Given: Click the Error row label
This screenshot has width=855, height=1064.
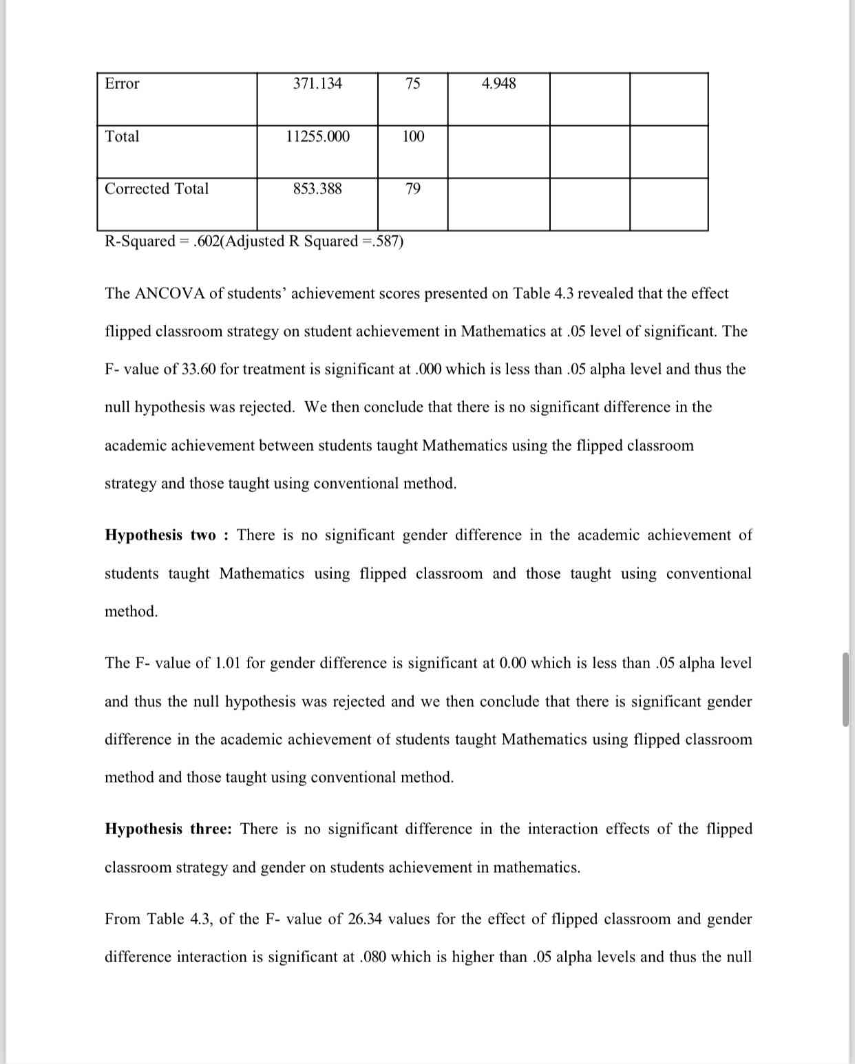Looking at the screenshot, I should click(x=122, y=84).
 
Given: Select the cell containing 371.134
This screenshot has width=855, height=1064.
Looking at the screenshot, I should click(x=317, y=84).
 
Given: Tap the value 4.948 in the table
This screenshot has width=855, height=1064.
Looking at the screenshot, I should click(x=498, y=84).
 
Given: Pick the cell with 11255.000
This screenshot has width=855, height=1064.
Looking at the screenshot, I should click(x=317, y=136).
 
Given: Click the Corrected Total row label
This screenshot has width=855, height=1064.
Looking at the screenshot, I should click(x=156, y=189).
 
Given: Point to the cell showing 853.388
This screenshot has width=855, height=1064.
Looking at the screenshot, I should click(x=317, y=189).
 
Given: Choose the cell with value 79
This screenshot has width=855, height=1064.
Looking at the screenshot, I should click(x=412, y=189).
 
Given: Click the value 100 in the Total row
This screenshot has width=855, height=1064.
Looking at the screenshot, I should click(x=413, y=136).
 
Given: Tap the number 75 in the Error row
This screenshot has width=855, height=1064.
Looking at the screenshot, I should click(x=412, y=84).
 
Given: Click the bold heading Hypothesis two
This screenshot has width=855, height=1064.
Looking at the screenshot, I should click(x=160, y=535).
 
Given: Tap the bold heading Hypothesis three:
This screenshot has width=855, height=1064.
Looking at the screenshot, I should click(x=168, y=829).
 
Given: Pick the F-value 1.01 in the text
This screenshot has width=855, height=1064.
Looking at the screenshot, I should click(x=227, y=663).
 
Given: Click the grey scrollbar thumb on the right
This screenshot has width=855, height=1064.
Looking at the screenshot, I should click(x=845, y=689).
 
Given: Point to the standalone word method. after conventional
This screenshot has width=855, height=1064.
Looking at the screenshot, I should click(x=131, y=612).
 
